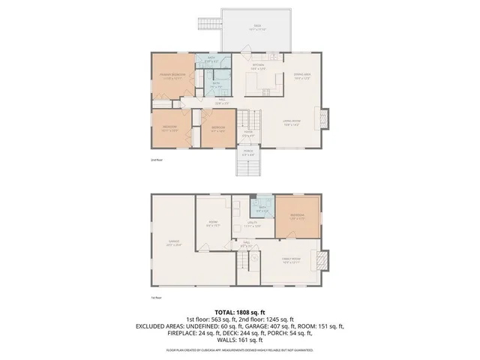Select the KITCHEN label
coord(258,67)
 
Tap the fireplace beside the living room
coord(325,118)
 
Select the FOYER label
coord(247,133)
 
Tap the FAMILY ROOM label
coord(290,262)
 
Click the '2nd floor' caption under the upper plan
coord(156,160)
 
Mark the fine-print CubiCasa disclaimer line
coord(240,349)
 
